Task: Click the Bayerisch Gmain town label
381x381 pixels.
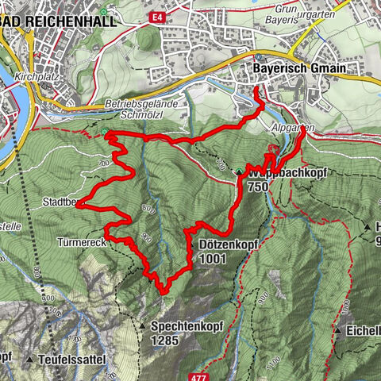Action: (299, 70)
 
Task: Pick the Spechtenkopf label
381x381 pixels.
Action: (181, 326)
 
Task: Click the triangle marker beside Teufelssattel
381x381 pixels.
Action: (29, 360)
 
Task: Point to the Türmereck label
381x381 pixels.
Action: (81, 239)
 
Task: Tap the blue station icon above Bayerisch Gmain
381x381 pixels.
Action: (259, 58)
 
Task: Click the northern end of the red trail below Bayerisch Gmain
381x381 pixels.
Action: (256, 89)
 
